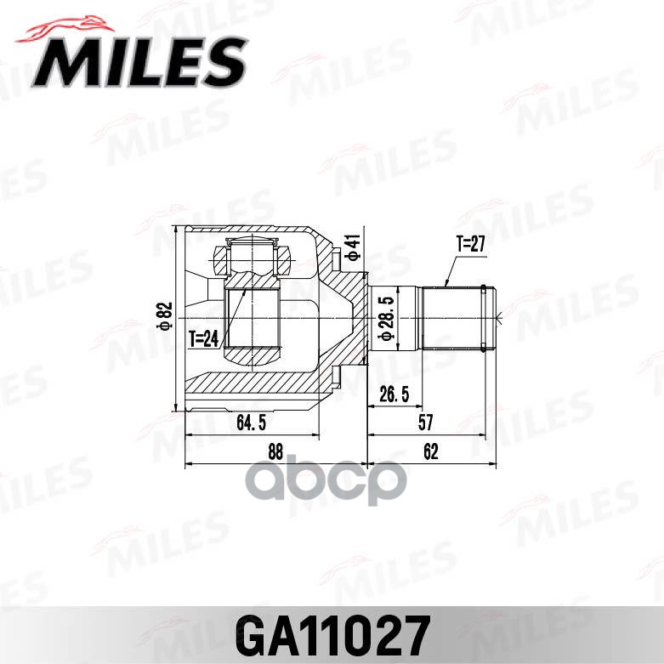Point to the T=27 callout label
coord(469,244)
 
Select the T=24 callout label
coord(205,338)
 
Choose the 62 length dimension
coord(430,452)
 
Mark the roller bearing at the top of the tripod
coord(253,254)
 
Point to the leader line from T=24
coord(234,315)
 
